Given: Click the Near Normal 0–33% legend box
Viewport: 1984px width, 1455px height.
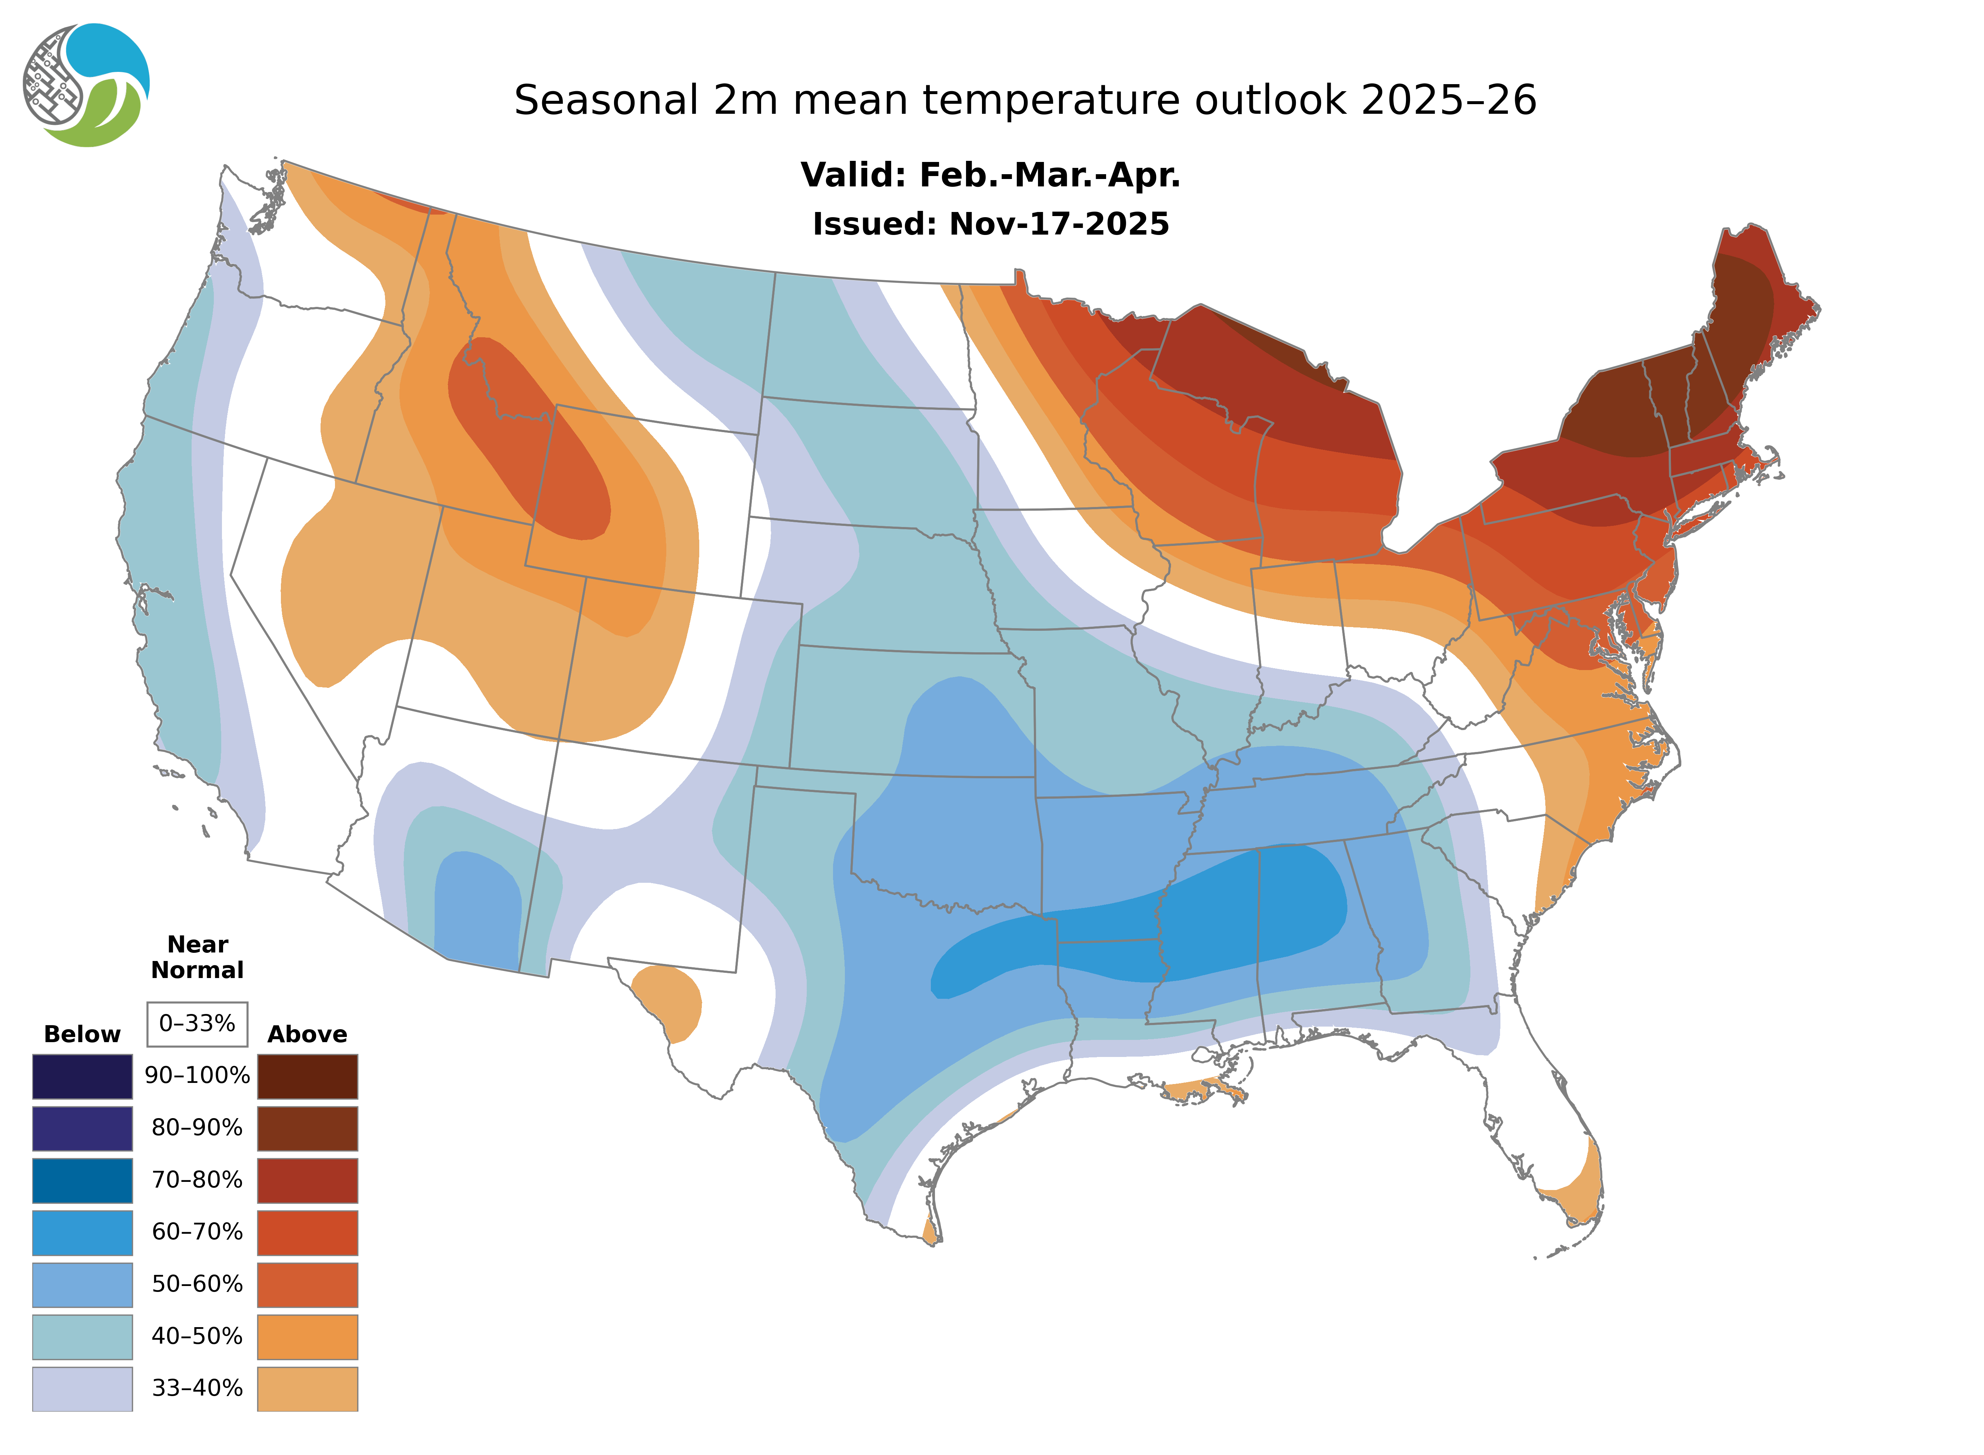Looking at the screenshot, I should click(197, 1024).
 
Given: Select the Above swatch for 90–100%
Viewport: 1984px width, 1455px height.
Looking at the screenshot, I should click(307, 1076).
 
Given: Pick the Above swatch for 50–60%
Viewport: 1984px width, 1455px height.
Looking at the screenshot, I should click(307, 1284).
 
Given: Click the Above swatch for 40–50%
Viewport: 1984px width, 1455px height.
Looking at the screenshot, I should click(307, 1336).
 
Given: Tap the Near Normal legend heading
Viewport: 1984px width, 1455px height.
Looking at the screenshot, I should click(197, 957).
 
